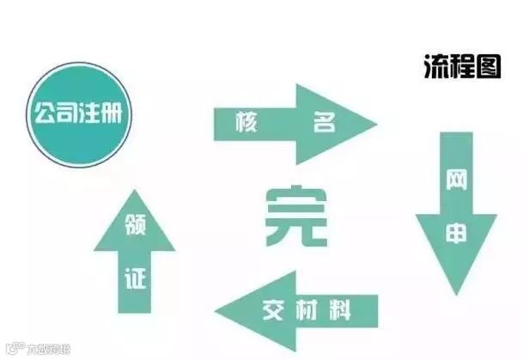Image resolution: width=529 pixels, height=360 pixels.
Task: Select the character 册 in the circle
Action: pos(117,113)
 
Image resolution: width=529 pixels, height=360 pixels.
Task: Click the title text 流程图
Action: pos(462,66)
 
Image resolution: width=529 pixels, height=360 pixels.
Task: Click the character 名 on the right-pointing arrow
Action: pos(323,124)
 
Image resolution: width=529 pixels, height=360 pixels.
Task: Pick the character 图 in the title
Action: pos(487,66)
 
